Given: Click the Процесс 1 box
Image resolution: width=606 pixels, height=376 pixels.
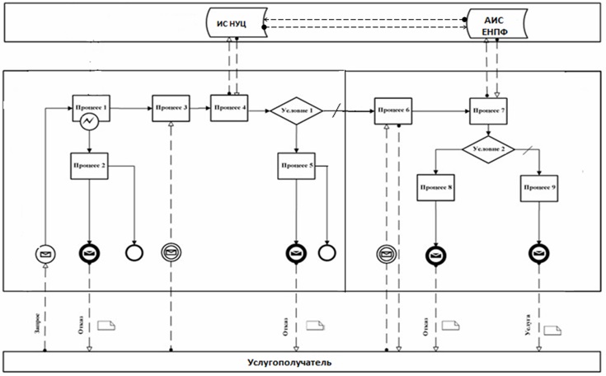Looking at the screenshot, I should tap(92, 107).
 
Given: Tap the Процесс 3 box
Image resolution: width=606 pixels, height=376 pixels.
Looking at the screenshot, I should tap(171, 108).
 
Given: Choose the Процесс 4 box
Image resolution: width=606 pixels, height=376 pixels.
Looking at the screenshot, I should tap(228, 108).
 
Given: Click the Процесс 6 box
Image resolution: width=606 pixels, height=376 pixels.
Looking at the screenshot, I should tap(394, 110).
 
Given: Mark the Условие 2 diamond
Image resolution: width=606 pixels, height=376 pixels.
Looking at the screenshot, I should tap(487, 150).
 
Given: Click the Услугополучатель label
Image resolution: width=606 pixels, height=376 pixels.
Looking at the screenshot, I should tap(302, 362).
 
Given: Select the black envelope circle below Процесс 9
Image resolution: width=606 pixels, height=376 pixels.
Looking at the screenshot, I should tap(539, 253).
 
